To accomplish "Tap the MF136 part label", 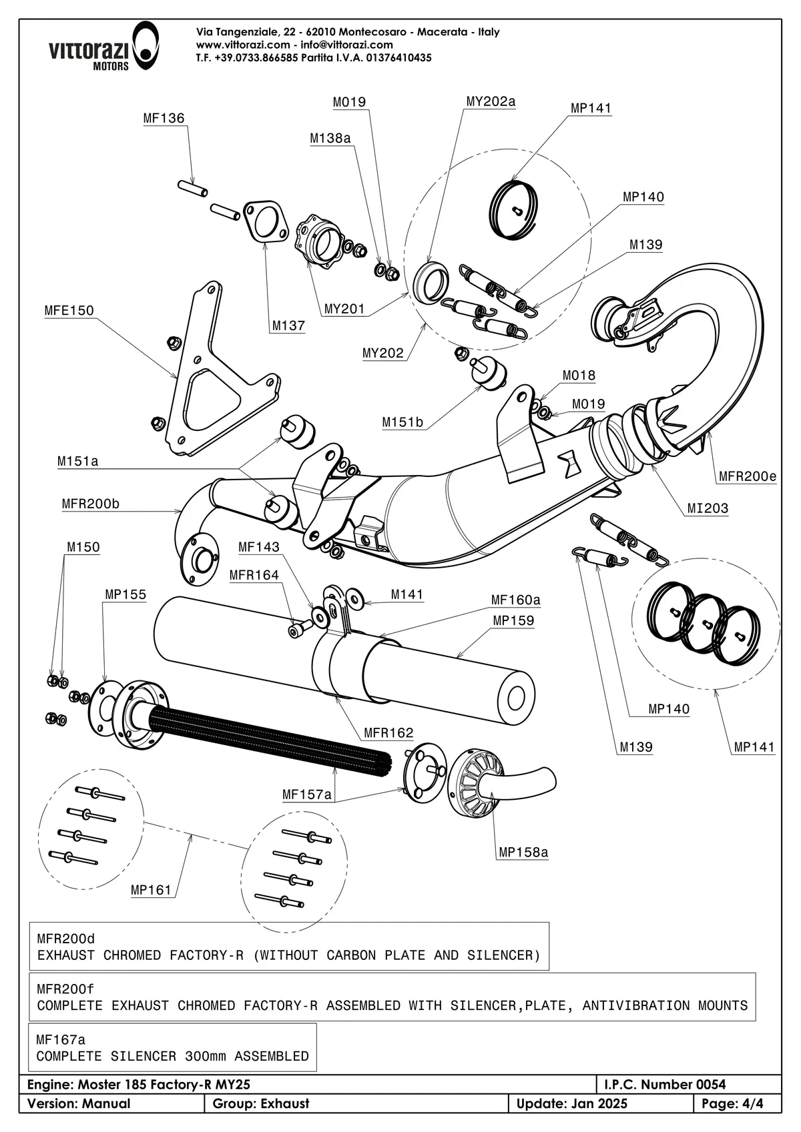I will pyautogui.click(x=164, y=118).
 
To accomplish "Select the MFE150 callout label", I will pyautogui.click(x=69, y=310).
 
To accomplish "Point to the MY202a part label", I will pyautogui.click(x=491, y=101).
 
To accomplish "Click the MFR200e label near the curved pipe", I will pyautogui.click(x=748, y=476).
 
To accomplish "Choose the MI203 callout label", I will pyautogui.click(x=708, y=508).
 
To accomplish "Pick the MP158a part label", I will pyautogui.click(x=523, y=852).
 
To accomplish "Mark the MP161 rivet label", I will pyautogui.click(x=151, y=889).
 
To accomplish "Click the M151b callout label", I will pyautogui.click(x=403, y=422).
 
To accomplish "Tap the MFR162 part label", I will pyautogui.click(x=388, y=732).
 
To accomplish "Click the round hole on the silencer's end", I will pyautogui.click(x=516, y=698).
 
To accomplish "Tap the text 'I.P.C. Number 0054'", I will pyautogui.click(x=664, y=1085).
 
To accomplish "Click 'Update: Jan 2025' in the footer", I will pyautogui.click(x=572, y=1103).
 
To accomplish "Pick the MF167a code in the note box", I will pyautogui.click(x=61, y=1039).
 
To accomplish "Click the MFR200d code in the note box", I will pyautogui.click(x=66, y=939).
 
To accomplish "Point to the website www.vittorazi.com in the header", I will pyautogui.click(x=243, y=45).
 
